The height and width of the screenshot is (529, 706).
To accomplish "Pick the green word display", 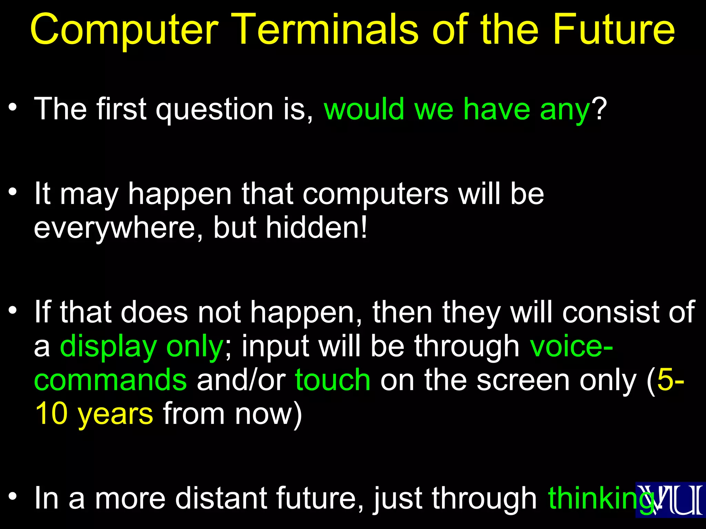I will point(108,347).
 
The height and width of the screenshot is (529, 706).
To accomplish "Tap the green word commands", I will point(110,380).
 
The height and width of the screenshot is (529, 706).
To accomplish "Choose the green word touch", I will point(333,380).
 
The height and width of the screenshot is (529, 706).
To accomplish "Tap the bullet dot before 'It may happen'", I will point(13,191).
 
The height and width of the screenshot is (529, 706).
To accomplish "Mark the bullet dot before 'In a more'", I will point(13,496).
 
